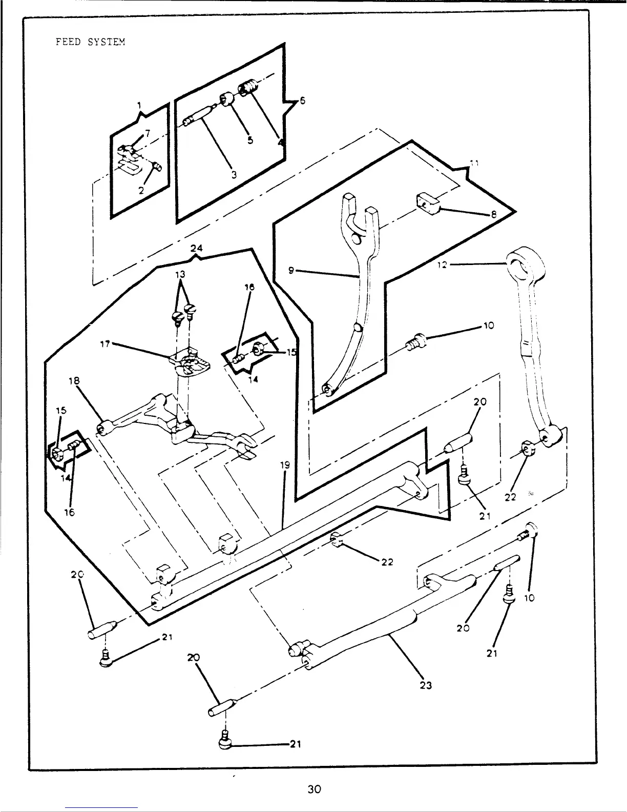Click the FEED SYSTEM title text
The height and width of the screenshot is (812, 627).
click(x=90, y=42)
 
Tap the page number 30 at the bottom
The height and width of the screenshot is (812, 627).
click(x=314, y=789)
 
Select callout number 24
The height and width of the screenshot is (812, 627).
click(x=196, y=248)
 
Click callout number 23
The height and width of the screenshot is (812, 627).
click(x=425, y=685)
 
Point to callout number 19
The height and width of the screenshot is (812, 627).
click(x=285, y=465)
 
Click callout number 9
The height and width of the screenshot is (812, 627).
click(x=291, y=271)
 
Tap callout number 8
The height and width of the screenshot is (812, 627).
click(x=493, y=215)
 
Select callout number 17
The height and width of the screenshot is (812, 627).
click(x=105, y=344)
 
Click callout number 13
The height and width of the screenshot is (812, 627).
click(x=180, y=274)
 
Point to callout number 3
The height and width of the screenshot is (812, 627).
click(x=234, y=174)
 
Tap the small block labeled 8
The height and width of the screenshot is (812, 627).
click(x=428, y=201)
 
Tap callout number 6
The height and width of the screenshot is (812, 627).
click(x=302, y=101)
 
